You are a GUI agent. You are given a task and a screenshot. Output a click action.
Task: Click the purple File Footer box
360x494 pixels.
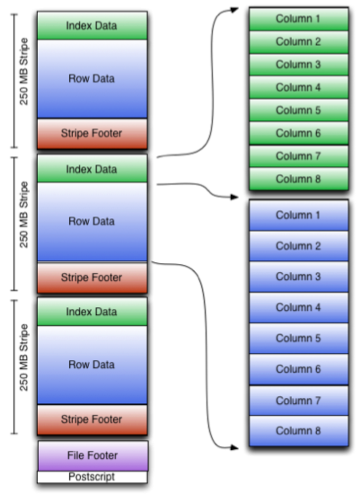pyautogui.click(x=92, y=455)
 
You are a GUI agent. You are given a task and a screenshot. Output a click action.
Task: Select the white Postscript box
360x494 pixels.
pyautogui.click(x=92, y=477)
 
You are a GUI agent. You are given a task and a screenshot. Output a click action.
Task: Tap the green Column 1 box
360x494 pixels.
pyautogui.click(x=299, y=19)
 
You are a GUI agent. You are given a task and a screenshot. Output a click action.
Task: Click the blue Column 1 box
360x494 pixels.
pyautogui.click(x=299, y=215)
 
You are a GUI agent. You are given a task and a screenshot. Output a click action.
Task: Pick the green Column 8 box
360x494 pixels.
pyautogui.click(x=299, y=179)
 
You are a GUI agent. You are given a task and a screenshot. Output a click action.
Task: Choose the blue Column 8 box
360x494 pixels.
pyautogui.click(x=299, y=431)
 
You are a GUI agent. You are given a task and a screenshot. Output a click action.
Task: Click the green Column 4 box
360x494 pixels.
pyautogui.click(x=299, y=87)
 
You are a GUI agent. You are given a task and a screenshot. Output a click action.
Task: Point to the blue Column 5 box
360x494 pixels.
pyautogui.click(x=299, y=338)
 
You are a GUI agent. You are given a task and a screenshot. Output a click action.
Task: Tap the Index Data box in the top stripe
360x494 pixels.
pyautogui.click(x=92, y=26)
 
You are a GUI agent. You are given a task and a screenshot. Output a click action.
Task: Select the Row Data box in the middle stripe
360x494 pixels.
pyautogui.click(x=92, y=221)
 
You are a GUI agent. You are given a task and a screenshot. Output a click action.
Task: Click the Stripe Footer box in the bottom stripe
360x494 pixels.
pyautogui.click(x=92, y=419)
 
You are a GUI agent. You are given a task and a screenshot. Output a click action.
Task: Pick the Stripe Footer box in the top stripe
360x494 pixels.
pyautogui.click(x=92, y=133)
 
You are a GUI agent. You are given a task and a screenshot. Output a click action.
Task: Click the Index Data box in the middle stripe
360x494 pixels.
pyautogui.click(x=92, y=169)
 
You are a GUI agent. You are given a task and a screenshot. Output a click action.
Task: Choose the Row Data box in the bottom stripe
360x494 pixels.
pyautogui.click(x=92, y=365)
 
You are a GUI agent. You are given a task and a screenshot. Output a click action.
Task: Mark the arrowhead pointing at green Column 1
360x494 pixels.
pyautogui.click(x=234, y=9)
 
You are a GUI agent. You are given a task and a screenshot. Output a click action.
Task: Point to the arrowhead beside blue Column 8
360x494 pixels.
pyautogui.click(x=234, y=447)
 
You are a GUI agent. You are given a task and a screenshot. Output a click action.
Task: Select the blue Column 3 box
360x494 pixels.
pyautogui.click(x=299, y=277)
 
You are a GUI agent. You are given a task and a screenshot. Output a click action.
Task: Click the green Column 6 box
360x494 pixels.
pyautogui.click(x=299, y=133)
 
